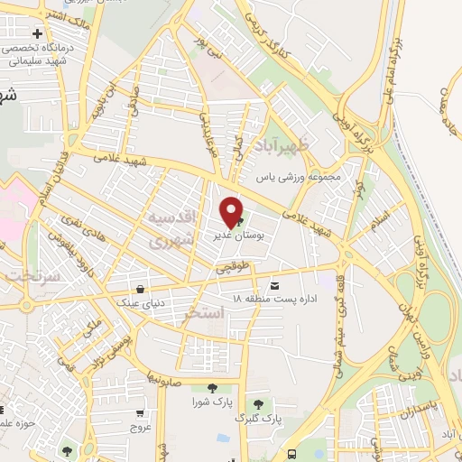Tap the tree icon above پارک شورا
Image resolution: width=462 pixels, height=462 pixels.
point(212,388)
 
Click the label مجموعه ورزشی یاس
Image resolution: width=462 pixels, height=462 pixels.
point(301,178)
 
